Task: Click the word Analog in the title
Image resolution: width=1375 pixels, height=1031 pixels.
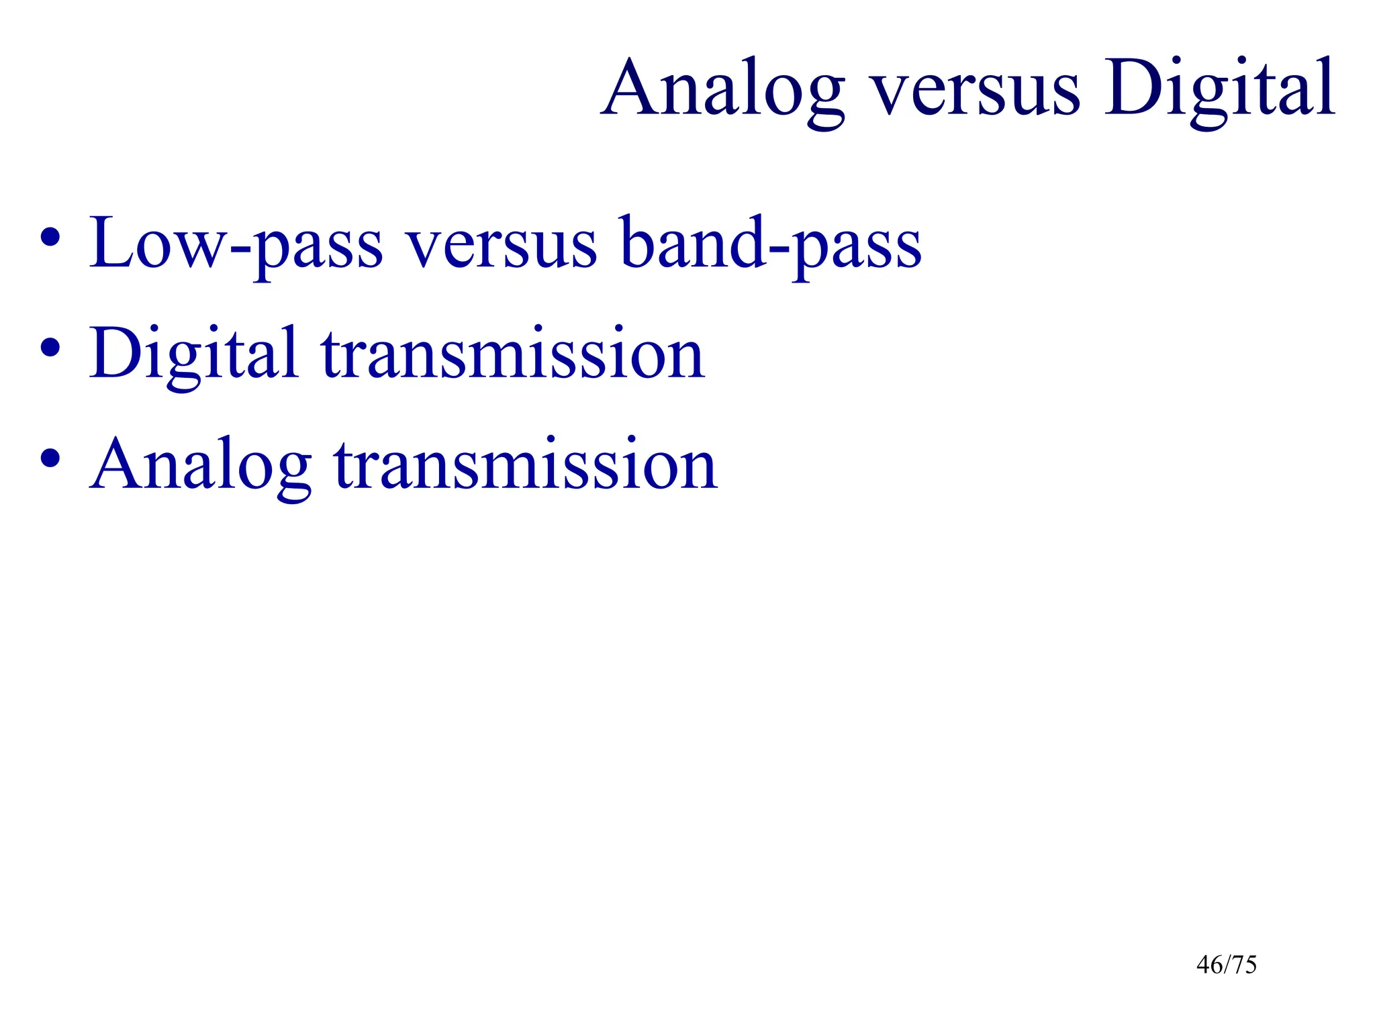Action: [x=722, y=91]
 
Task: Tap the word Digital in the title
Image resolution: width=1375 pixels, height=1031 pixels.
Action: [x=1219, y=91]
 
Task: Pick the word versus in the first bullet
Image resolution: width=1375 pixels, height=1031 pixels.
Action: [x=502, y=245]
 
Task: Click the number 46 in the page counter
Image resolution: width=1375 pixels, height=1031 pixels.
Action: [x=1209, y=965]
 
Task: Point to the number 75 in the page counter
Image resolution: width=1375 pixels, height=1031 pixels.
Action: [x=1244, y=965]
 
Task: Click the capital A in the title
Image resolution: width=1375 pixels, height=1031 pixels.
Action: [x=630, y=89]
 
